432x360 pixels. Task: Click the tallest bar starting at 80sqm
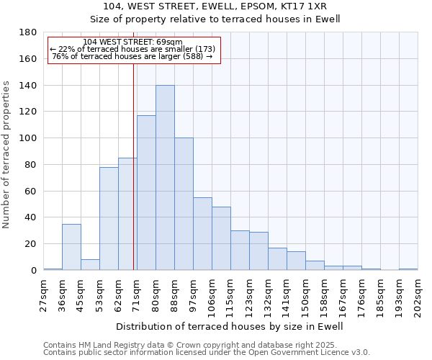point(165,178)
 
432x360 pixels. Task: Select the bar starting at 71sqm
point(146,193)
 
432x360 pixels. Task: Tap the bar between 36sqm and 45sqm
point(71,247)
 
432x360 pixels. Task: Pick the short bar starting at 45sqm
point(90,264)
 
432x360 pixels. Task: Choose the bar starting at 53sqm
point(109,219)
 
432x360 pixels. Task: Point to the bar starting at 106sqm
point(221,238)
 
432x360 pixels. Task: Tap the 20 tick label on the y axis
point(31,244)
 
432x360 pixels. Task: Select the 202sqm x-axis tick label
point(418,294)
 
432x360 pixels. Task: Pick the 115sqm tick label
point(231,294)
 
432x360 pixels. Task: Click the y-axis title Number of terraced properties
point(6,155)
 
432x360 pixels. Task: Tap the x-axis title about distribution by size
point(230,326)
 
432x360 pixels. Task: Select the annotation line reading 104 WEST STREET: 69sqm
point(132,42)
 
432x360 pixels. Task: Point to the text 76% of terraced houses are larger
point(132,56)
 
